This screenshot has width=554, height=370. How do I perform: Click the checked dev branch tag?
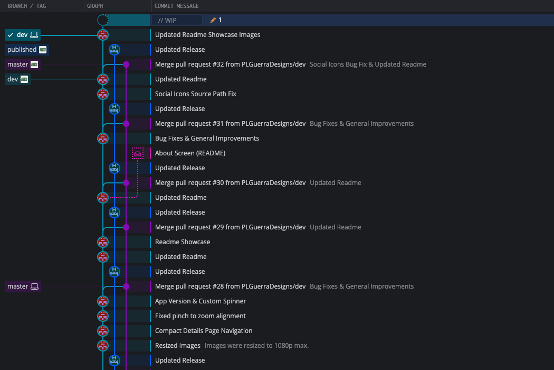pos(23,35)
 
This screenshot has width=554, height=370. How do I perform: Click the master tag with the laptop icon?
pos(23,286)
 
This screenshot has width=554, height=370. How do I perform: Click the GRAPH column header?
pos(95,6)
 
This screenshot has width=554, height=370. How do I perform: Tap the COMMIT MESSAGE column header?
pos(177,6)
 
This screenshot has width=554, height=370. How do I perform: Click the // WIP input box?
pos(177,20)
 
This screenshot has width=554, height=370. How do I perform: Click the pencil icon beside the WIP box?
pos(213,20)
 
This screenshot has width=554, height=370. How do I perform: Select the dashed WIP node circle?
pos(103,20)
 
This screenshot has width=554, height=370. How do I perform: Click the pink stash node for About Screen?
pos(138,153)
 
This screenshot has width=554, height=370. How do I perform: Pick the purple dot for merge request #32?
pos(126,64)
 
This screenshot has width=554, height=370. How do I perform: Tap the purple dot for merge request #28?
pos(126,286)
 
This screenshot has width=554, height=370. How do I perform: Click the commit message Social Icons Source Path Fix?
pos(195,94)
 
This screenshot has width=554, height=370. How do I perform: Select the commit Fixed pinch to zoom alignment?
pos(200,316)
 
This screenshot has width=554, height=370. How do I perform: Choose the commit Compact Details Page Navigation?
pos(204,331)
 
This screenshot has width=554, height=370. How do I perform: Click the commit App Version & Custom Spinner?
pos(200,301)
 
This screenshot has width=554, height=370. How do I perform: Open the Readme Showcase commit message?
pos(183,242)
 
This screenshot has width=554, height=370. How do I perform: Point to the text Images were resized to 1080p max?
pos(256,346)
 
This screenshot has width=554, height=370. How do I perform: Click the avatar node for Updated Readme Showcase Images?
pos(103,35)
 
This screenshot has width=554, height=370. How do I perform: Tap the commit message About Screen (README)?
pos(190,153)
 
